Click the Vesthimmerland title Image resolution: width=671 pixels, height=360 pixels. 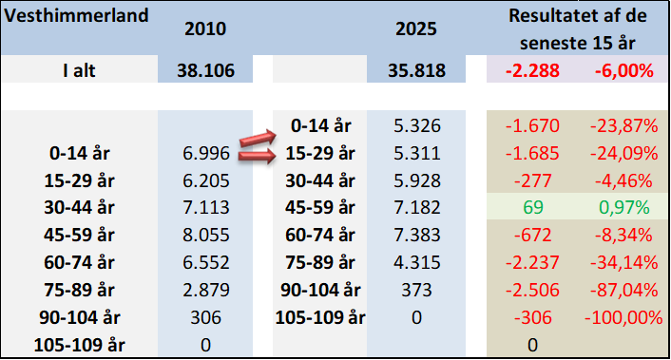(76, 16)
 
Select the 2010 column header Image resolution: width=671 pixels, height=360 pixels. (205, 29)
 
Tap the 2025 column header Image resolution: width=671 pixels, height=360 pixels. (416, 29)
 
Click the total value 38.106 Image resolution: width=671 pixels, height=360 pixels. (206, 70)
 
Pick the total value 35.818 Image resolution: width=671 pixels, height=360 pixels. (417, 70)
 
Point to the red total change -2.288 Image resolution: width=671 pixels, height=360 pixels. (532, 70)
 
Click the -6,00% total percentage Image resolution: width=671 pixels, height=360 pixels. (624, 70)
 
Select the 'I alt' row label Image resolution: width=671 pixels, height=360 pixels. (79, 70)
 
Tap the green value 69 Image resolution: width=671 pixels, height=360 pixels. (533, 207)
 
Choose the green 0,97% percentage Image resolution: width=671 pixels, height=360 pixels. (623, 207)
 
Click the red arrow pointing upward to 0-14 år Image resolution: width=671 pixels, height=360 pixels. (258, 139)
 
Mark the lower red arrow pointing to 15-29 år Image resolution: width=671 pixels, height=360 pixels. (257, 156)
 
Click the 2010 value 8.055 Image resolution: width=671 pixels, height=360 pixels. (206, 236)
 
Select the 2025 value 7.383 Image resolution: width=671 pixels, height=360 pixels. (417, 236)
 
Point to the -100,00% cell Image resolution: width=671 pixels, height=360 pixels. (623, 317)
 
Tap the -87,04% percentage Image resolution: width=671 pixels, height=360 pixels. (623, 291)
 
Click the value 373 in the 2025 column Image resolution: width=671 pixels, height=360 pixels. (416, 291)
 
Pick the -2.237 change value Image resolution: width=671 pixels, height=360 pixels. (532, 262)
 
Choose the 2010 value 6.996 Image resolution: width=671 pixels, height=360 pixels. (206, 153)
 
